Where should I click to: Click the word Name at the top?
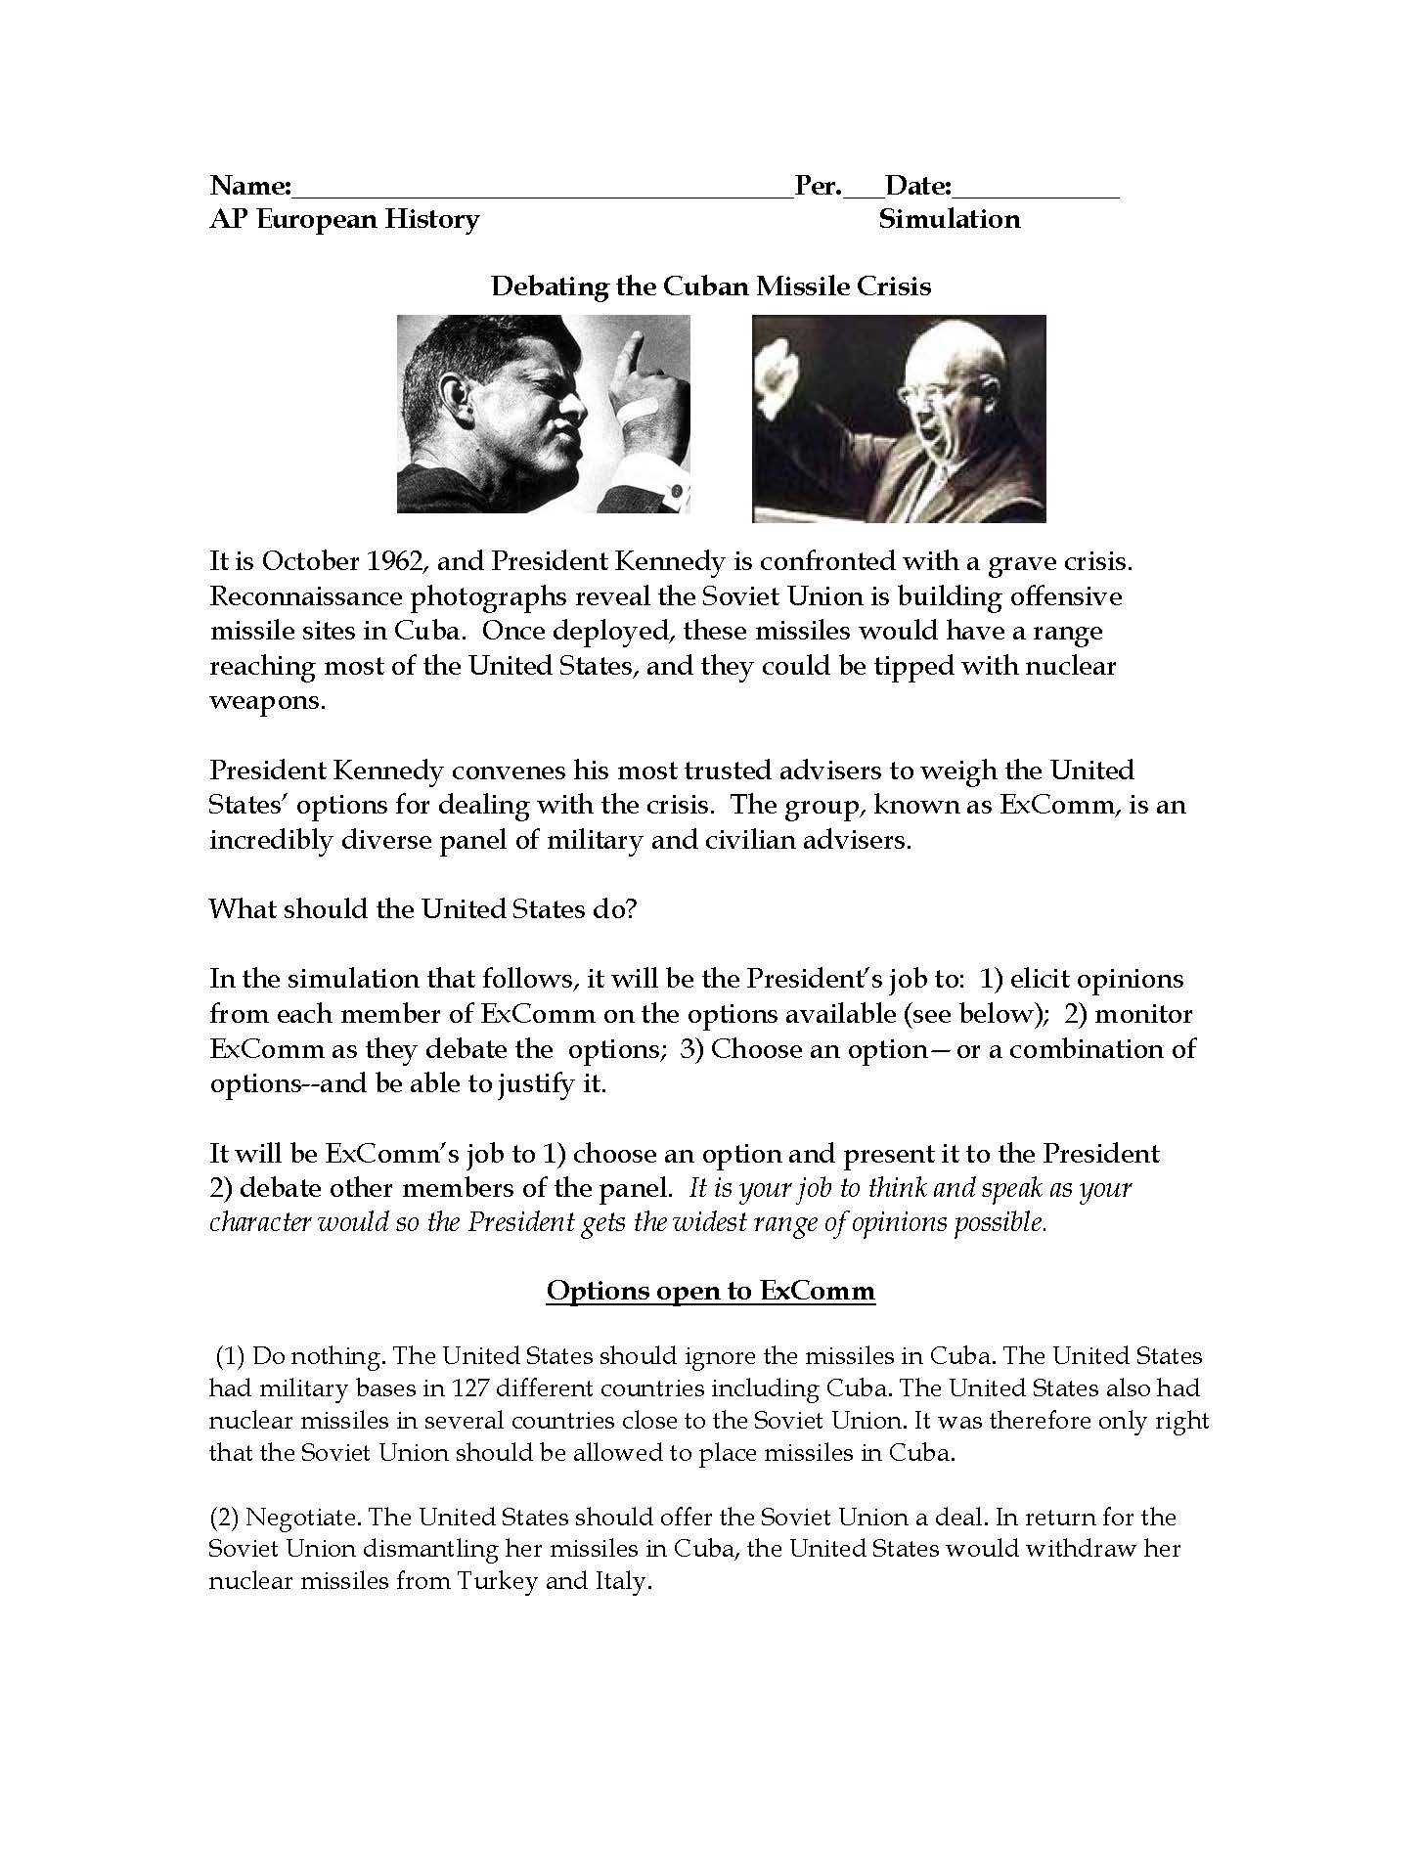tap(247, 186)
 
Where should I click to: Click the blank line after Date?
tap(1036, 194)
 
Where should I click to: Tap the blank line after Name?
tap(543, 194)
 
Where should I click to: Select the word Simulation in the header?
tap(949, 219)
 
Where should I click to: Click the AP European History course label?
tap(344, 219)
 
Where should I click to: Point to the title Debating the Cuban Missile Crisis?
tap(711, 286)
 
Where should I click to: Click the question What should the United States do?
tap(423, 909)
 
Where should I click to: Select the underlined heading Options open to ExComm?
tap(711, 1291)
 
